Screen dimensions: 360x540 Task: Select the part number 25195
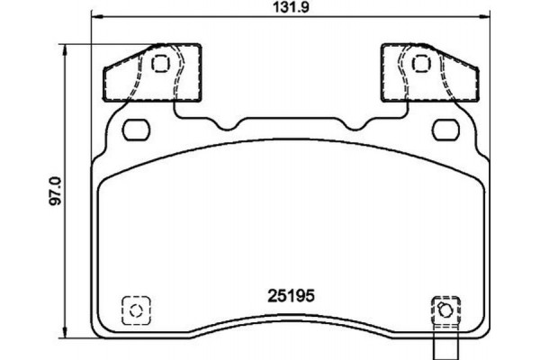pos(290,294)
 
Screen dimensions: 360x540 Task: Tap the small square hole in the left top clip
pos(161,63)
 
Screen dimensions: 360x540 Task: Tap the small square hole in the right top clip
pos(419,63)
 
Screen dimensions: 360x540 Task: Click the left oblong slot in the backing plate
pos(138,130)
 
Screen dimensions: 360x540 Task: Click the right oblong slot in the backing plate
pos(444,130)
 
